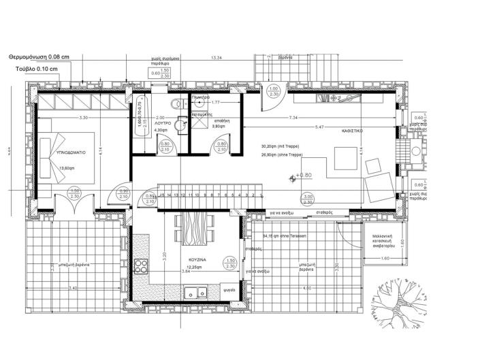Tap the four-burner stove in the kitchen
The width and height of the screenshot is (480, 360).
tap(142, 266)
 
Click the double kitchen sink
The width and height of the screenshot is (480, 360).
tap(196, 295)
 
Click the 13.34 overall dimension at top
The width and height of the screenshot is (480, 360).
tap(217, 59)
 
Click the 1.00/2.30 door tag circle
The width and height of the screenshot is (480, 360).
tap(274, 93)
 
